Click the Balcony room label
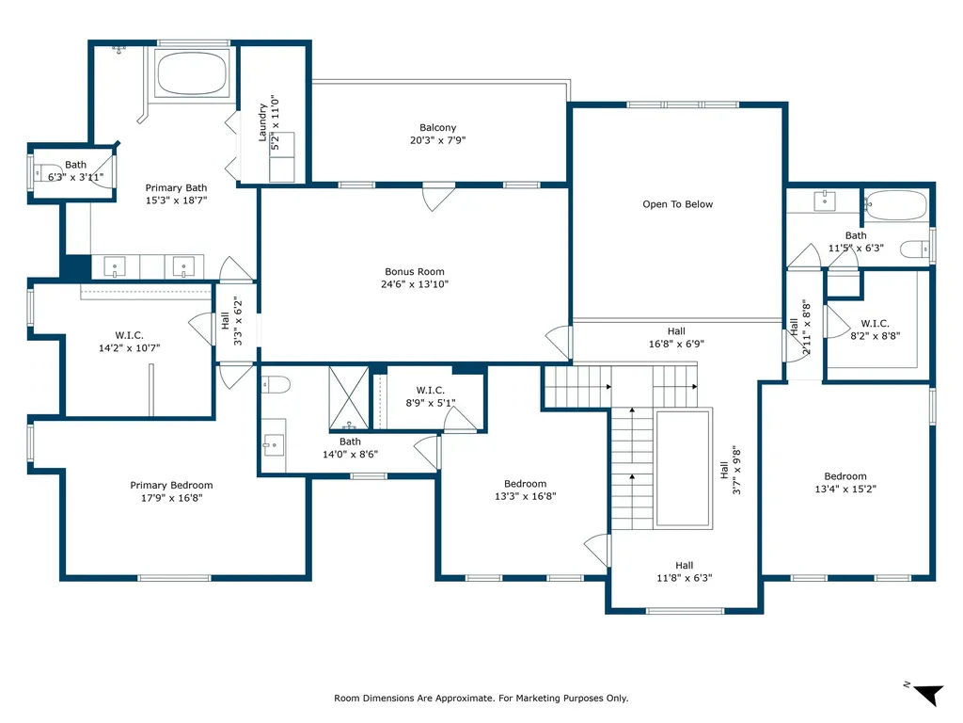tap(438, 128)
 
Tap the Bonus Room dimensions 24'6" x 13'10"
tap(415, 284)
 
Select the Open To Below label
tap(677, 204)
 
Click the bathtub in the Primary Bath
tap(192, 72)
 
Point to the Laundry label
tap(262, 122)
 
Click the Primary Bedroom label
tap(171, 485)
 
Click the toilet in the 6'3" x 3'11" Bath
tap(47, 171)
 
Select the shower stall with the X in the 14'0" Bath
tap(349, 398)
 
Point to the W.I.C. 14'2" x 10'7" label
tap(129, 341)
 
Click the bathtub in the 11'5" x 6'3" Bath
tap(895, 204)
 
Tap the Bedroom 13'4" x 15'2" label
tap(845, 483)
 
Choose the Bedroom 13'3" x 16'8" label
tap(525, 490)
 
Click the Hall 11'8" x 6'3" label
tap(685, 571)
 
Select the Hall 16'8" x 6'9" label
tap(676, 338)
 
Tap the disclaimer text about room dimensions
tap(481, 698)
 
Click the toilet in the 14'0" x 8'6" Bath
tap(276, 385)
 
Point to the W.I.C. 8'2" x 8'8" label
tap(875, 329)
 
